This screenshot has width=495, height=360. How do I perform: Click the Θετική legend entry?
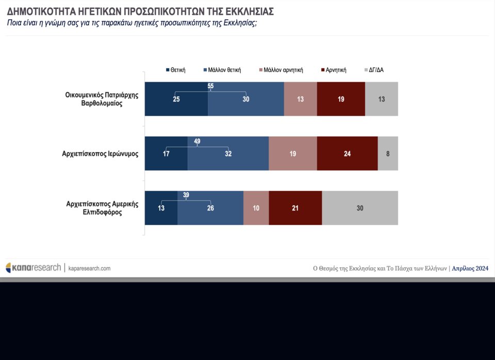click(175, 70)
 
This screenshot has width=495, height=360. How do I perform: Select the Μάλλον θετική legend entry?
click(222, 70)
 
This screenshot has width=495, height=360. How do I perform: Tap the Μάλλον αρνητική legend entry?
click(280, 70)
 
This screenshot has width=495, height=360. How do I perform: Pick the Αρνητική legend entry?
click(333, 70)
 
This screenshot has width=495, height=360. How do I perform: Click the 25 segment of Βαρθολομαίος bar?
click(176, 99)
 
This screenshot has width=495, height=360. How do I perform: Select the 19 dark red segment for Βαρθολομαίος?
click(341, 99)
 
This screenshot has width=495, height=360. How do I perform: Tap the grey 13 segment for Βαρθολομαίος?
click(382, 99)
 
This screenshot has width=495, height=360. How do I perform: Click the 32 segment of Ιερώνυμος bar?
click(228, 154)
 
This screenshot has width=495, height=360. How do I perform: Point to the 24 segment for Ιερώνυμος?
click(348, 154)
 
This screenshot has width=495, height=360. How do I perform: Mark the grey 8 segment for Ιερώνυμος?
click(388, 154)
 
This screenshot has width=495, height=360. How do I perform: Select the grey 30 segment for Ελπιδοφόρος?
click(360, 208)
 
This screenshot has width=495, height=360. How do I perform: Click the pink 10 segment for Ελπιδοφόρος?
click(256, 208)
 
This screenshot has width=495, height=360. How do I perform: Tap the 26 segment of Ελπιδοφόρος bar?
click(210, 208)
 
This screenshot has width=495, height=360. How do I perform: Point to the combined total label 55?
click(211, 86)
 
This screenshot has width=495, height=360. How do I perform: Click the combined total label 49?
click(197, 141)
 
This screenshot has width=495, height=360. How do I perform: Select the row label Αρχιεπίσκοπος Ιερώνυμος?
click(100, 154)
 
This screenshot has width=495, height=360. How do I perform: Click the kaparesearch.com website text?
click(89, 268)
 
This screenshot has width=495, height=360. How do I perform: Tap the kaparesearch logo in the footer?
click(33, 268)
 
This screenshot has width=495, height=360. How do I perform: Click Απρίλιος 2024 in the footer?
click(470, 268)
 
